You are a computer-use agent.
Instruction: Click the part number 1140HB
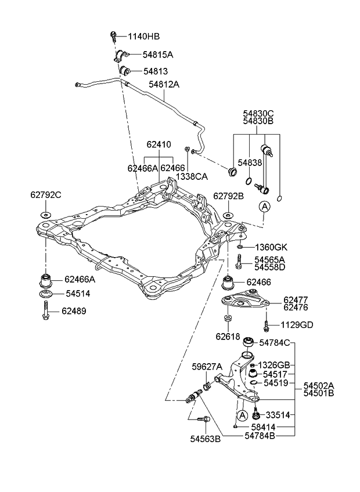[x=143, y=36]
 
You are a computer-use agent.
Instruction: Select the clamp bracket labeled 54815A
[x=120, y=56]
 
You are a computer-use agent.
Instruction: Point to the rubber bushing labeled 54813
[x=123, y=71]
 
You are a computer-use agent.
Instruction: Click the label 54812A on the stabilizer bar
[x=164, y=84]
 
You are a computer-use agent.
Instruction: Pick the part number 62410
[x=159, y=144]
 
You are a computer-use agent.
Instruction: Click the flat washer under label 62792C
[x=46, y=215]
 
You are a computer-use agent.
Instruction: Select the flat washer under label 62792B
[x=228, y=216]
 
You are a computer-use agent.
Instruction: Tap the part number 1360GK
[x=270, y=247]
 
